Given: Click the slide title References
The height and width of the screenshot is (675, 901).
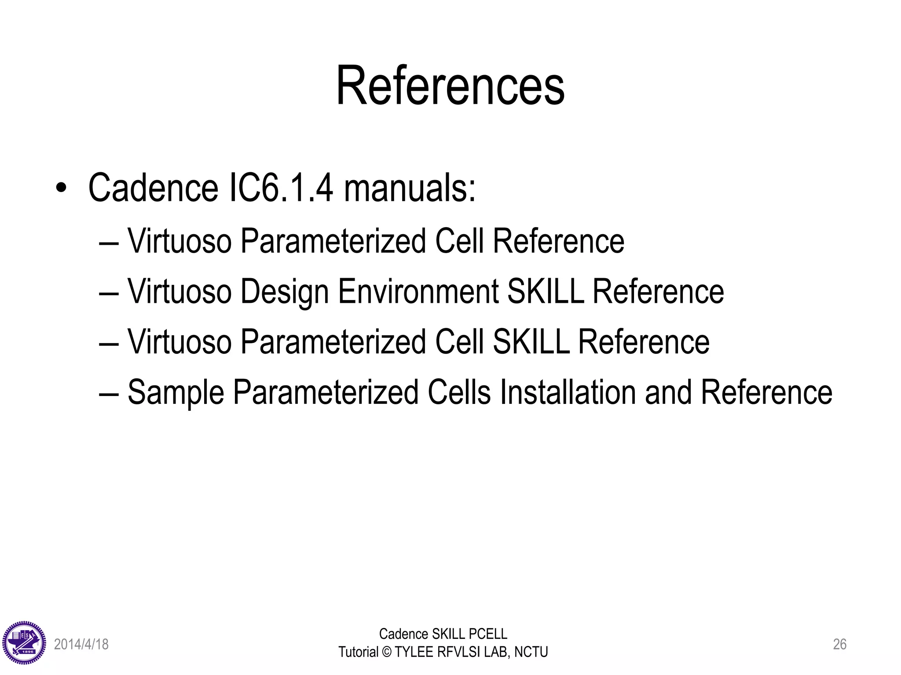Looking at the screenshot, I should (450, 86).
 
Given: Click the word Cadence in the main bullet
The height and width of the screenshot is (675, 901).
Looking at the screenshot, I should (153, 188).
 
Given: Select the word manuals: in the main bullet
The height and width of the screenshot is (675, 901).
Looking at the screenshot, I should (410, 188).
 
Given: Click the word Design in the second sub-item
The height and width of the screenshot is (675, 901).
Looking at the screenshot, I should (285, 292).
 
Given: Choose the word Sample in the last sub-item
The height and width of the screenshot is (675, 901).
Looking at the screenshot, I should (176, 392).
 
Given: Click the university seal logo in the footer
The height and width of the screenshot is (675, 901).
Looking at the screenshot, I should (24, 643).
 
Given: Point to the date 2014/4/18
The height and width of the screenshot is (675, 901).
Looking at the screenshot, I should (81, 644).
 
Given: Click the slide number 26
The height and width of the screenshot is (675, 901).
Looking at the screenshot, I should (839, 644).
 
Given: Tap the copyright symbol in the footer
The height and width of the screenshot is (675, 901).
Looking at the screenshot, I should (387, 652).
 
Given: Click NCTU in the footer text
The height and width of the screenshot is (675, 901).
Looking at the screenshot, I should (531, 652).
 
